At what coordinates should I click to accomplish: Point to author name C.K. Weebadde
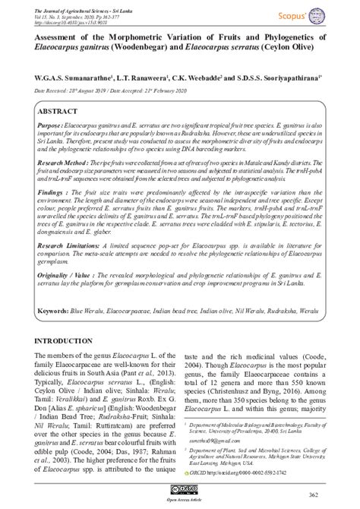[x=200, y=78]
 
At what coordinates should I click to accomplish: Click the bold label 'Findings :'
[x=52, y=194]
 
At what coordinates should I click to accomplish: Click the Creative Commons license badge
[x=180, y=491]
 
